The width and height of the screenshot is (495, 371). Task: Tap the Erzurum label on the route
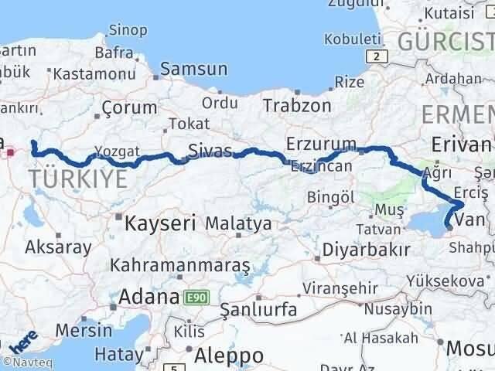[x=321, y=145]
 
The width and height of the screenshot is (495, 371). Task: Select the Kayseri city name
[x=160, y=224]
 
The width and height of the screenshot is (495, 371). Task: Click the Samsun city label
[x=193, y=69]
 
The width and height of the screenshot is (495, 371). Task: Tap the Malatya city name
[x=238, y=224]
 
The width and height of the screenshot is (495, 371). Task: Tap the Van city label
[x=470, y=222]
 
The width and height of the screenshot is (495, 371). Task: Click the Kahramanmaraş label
[x=180, y=265]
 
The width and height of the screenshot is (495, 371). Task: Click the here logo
[x=23, y=340]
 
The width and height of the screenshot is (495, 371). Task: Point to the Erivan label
[x=463, y=145]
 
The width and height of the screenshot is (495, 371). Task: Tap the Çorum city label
[x=125, y=108]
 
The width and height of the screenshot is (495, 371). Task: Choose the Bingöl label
[x=330, y=198]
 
